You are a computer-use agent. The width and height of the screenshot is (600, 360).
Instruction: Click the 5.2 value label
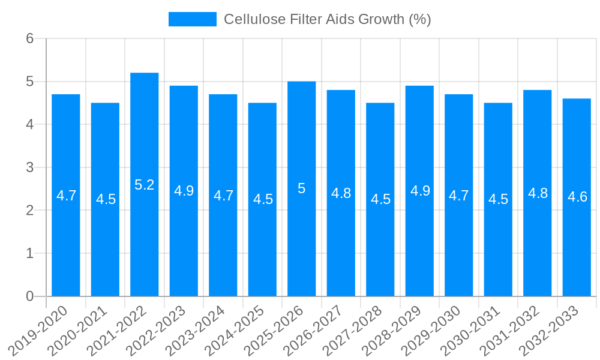point(145,185)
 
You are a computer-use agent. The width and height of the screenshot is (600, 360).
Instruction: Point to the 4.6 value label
point(577,196)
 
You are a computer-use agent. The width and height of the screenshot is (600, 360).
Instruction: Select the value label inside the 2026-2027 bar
point(341,193)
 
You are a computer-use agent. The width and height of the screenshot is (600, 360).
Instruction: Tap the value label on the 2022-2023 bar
point(184,191)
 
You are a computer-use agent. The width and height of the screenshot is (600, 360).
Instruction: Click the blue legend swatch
point(192,19)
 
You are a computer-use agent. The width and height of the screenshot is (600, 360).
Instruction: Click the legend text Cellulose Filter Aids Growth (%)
point(328,19)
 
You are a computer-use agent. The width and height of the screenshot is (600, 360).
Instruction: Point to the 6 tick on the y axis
point(29,38)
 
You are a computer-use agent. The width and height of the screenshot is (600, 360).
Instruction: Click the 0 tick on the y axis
point(29,296)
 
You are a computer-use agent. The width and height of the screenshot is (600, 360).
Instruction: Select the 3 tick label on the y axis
point(29,167)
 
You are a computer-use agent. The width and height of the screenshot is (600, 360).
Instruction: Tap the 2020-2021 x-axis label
point(78,329)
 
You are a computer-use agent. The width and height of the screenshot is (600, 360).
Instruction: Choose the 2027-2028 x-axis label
point(353,329)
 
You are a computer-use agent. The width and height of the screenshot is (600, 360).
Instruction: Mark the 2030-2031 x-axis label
point(471,329)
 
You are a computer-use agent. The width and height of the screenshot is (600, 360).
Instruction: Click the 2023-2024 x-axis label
point(196,329)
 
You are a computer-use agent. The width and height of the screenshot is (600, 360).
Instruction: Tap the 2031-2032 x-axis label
point(510,329)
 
